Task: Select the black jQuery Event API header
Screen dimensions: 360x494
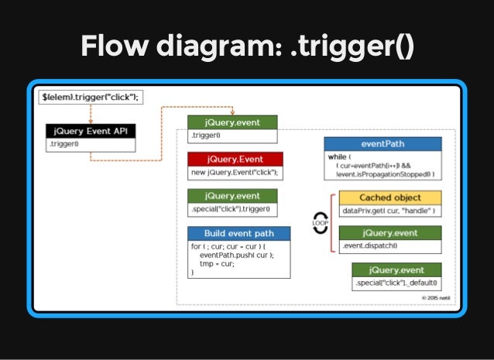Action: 91,131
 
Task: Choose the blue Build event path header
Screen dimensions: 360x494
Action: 238,233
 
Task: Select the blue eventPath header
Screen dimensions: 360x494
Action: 383,144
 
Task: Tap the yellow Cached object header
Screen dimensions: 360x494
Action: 390,198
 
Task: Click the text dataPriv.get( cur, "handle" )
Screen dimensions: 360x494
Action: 389,211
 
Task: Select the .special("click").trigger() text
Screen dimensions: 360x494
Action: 233,210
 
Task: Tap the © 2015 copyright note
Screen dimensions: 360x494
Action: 436,297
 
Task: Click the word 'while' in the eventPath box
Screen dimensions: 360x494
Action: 336,156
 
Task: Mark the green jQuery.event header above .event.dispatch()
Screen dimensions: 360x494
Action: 390,233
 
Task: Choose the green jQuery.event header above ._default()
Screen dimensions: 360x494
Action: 396,269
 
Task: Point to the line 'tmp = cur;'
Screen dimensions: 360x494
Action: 218,263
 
